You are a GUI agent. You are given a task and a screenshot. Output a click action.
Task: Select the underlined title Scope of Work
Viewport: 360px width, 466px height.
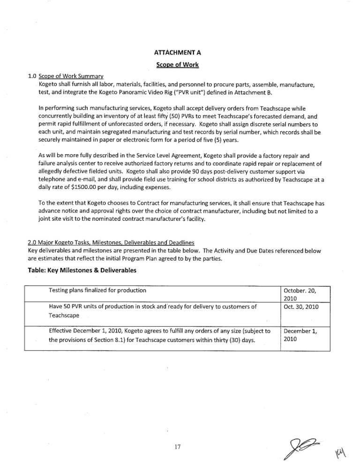180,64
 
